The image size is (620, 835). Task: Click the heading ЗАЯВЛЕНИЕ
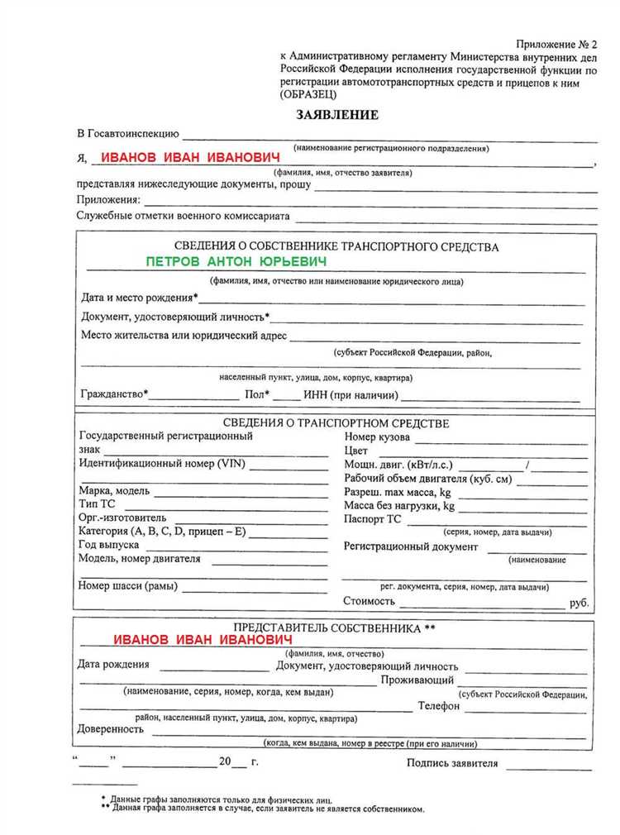(337, 115)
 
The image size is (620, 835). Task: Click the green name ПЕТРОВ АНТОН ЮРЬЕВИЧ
(236, 261)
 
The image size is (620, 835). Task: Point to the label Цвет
(355, 451)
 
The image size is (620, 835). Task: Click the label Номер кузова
(376, 437)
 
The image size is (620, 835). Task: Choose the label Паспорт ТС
(372, 519)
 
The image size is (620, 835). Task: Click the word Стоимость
(369, 602)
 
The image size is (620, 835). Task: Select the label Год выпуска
(108, 546)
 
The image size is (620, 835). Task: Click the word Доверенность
(111, 729)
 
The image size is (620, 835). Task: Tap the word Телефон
(438, 706)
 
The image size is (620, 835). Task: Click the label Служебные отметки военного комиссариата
(184, 217)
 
